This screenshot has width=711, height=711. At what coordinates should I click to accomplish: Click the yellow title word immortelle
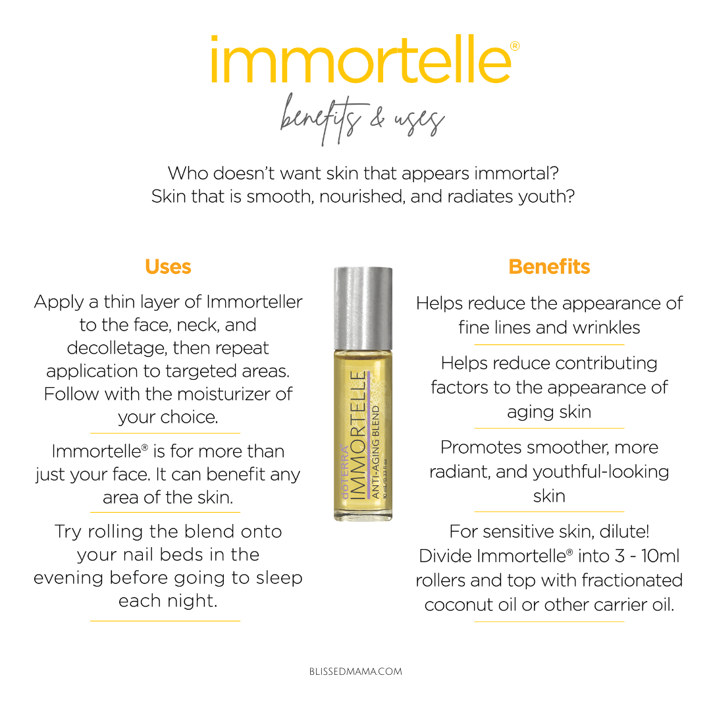pyautogui.click(x=361, y=59)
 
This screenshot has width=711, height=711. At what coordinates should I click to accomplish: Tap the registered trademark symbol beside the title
pyautogui.click(x=515, y=46)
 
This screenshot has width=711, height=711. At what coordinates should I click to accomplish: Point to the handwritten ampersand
pyautogui.click(x=377, y=117)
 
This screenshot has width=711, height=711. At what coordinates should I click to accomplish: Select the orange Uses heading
pyautogui.click(x=169, y=267)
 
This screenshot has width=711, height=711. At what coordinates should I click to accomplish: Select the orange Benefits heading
pyautogui.click(x=549, y=267)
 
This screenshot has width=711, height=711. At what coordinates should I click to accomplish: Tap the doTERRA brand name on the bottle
pyautogui.click(x=345, y=471)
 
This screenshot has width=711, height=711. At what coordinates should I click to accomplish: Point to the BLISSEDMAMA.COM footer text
pyautogui.click(x=355, y=671)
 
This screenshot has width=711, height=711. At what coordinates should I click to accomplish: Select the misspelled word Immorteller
pyautogui.click(x=254, y=302)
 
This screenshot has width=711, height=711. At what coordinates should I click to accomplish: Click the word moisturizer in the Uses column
pyautogui.click(x=210, y=394)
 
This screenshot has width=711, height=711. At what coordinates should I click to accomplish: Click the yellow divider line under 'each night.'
pyautogui.click(x=165, y=621)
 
